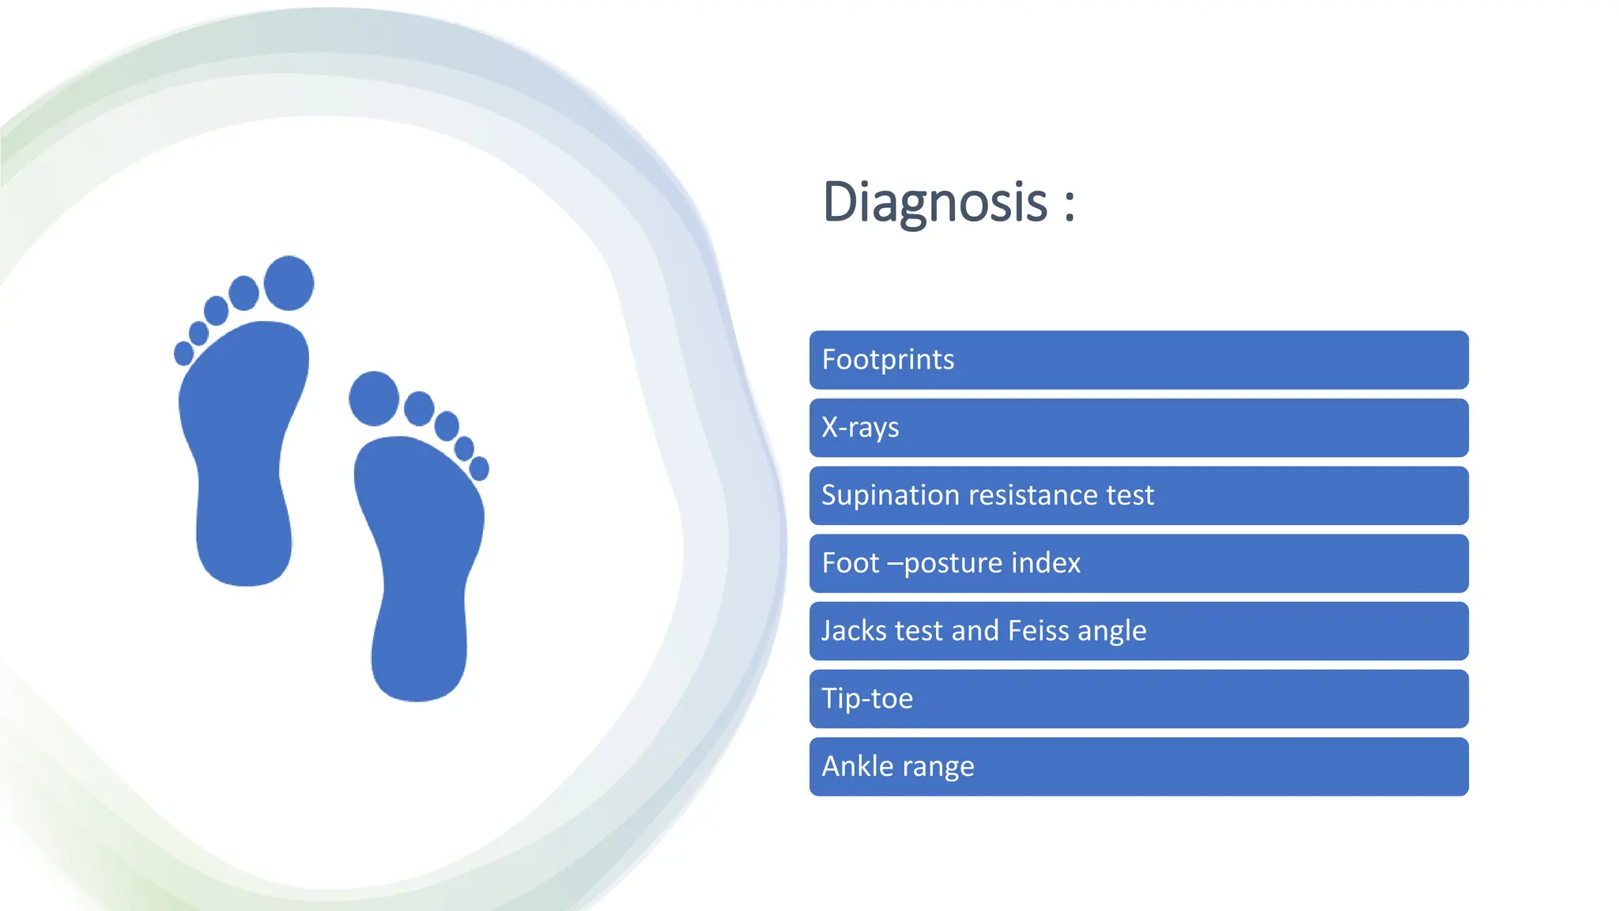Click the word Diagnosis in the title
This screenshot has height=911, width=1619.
(x=934, y=202)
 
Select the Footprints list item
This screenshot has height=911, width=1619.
(x=1138, y=360)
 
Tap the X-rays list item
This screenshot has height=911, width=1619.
(x=1138, y=428)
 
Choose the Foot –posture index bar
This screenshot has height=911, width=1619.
(x=1138, y=563)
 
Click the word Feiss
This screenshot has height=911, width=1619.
(x=1038, y=631)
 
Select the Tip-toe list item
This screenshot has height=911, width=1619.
(x=1138, y=699)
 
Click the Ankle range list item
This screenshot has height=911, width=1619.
(x=1138, y=767)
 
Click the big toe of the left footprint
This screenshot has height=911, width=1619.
(x=289, y=282)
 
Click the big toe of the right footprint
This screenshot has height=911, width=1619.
(x=374, y=399)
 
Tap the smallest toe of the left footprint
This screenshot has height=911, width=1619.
(x=183, y=353)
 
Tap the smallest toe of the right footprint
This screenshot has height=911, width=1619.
(x=479, y=469)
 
